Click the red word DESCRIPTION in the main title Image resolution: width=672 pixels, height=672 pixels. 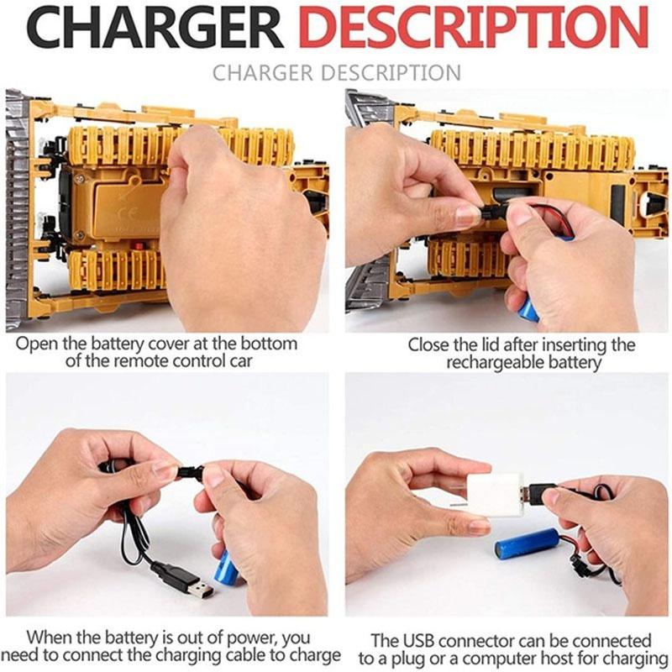(475, 29)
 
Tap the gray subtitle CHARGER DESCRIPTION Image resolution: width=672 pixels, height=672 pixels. (336, 72)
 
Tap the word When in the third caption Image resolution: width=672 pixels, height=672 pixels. (48, 638)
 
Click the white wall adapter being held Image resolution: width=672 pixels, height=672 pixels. (495, 495)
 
